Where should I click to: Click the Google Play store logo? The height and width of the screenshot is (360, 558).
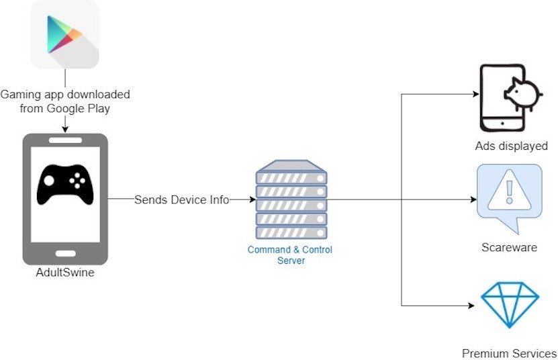click(x=64, y=34)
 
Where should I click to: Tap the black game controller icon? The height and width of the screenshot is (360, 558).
click(x=65, y=185)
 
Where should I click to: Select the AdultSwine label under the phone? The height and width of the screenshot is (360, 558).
click(x=65, y=273)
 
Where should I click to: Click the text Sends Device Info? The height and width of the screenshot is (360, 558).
click(x=181, y=199)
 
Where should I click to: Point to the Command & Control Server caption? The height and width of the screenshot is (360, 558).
click(x=290, y=255)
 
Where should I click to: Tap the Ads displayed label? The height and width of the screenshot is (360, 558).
click(x=511, y=146)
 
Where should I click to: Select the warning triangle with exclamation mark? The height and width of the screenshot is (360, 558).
click(x=509, y=191)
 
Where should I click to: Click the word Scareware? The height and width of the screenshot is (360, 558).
click(x=509, y=247)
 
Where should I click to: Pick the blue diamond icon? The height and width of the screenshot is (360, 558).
click(x=510, y=305)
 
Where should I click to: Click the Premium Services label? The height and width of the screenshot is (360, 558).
click(x=509, y=353)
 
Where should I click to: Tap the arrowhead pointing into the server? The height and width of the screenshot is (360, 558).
click(x=252, y=199)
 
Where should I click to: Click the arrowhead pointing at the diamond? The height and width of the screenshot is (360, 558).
click(x=471, y=306)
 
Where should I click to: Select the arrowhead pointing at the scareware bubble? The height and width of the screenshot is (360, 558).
click(x=473, y=199)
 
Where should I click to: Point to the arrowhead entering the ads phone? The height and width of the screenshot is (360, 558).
click(x=475, y=94)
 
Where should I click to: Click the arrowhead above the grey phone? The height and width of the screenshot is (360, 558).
click(x=65, y=129)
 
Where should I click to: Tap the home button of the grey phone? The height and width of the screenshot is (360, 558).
click(x=66, y=253)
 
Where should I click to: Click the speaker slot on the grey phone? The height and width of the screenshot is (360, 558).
click(x=66, y=140)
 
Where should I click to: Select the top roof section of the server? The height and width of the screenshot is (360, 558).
click(x=291, y=165)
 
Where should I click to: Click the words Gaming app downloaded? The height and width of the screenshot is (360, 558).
click(x=65, y=95)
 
